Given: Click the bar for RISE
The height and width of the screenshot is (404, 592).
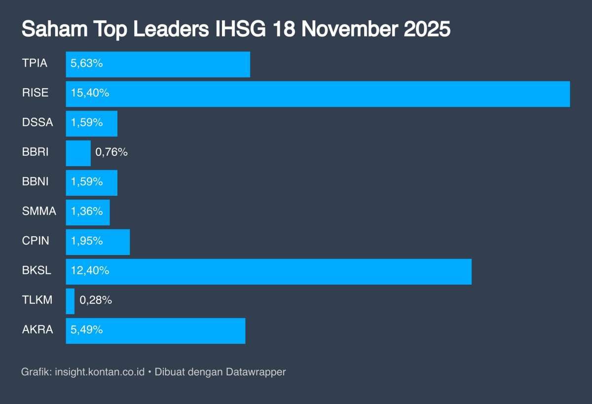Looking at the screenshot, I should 318,94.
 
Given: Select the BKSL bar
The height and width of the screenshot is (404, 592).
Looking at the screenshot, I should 268,271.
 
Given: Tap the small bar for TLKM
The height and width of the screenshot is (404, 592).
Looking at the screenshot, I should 70,301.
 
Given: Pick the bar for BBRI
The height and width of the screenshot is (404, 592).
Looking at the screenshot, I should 78,153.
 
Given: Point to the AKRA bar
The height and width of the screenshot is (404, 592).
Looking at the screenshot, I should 155,331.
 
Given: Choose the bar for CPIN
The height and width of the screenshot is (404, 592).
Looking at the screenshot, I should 98,242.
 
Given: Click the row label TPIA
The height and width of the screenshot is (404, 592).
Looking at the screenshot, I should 35,64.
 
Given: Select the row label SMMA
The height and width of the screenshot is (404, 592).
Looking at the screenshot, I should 39,212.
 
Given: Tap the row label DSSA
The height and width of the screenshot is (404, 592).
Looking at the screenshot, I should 37,123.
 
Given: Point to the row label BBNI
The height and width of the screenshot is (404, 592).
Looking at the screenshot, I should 35,182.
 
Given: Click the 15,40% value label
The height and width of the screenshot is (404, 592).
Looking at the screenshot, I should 90,93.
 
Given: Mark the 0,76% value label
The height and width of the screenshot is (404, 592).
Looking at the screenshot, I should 111,152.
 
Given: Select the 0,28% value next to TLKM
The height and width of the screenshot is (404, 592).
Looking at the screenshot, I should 96,300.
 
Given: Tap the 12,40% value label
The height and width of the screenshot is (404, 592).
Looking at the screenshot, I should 90,271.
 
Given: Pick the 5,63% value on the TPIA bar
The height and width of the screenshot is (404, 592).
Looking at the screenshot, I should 87,64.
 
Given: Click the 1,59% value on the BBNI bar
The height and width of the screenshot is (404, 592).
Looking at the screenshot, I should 87,182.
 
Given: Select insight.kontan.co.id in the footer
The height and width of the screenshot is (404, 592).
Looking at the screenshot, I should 100,372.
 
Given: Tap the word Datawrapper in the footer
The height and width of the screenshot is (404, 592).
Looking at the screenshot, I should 256,372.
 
